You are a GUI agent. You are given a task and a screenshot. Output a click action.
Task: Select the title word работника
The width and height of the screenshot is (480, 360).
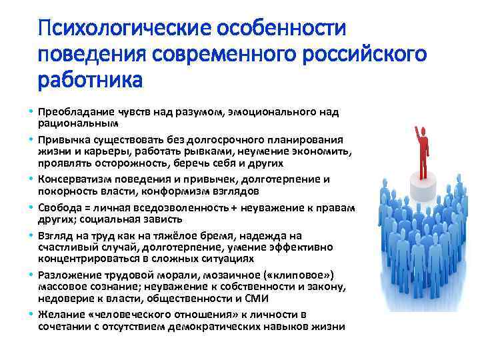[90, 80]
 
